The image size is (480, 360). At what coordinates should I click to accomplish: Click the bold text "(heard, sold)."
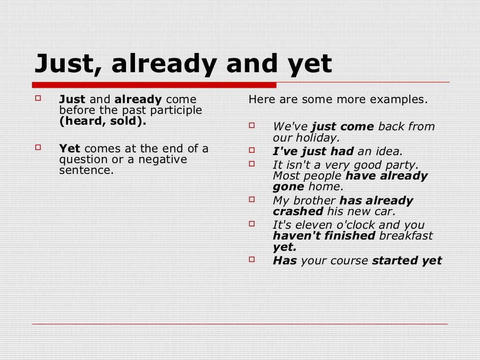click(x=103, y=121)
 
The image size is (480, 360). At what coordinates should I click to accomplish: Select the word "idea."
click(x=389, y=151)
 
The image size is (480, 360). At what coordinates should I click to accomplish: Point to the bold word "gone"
click(x=288, y=187)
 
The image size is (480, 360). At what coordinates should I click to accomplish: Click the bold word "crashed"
click(x=298, y=211)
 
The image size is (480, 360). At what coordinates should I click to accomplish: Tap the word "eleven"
click(x=316, y=225)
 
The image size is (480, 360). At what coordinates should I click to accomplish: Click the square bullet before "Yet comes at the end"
click(x=38, y=148)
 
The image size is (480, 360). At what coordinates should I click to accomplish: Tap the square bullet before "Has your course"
click(x=252, y=259)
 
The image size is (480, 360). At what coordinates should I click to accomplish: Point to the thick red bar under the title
click(x=154, y=85)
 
